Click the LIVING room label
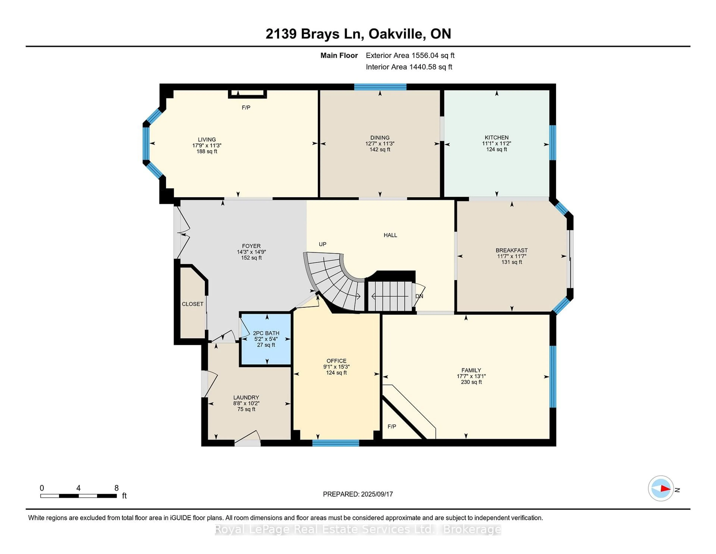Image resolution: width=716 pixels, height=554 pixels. pyautogui.click(x=207, y=139)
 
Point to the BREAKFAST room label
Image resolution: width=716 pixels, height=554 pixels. pyautogui.click(x=511, y=250)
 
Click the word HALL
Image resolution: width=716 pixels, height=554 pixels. pyautogui.click(x=390, y=235)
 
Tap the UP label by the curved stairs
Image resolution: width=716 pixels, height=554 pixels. pyautogui.click(x=322, y=244)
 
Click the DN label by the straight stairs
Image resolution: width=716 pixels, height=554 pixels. pyautogui.click(x=419, y=296)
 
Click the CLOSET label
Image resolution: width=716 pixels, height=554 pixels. pyautogui.click(x=192, y=304)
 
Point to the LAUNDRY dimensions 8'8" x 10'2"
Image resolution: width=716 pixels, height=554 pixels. pyautogui.click(x=246, y=403)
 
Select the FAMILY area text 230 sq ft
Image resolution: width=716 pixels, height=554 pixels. pyautogui.click(x=471, y=382)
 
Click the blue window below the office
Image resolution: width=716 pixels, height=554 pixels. pyautogui.click(x=335, y=443)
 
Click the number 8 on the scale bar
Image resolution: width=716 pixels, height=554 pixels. pyautogui.click(x=116, y=488)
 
